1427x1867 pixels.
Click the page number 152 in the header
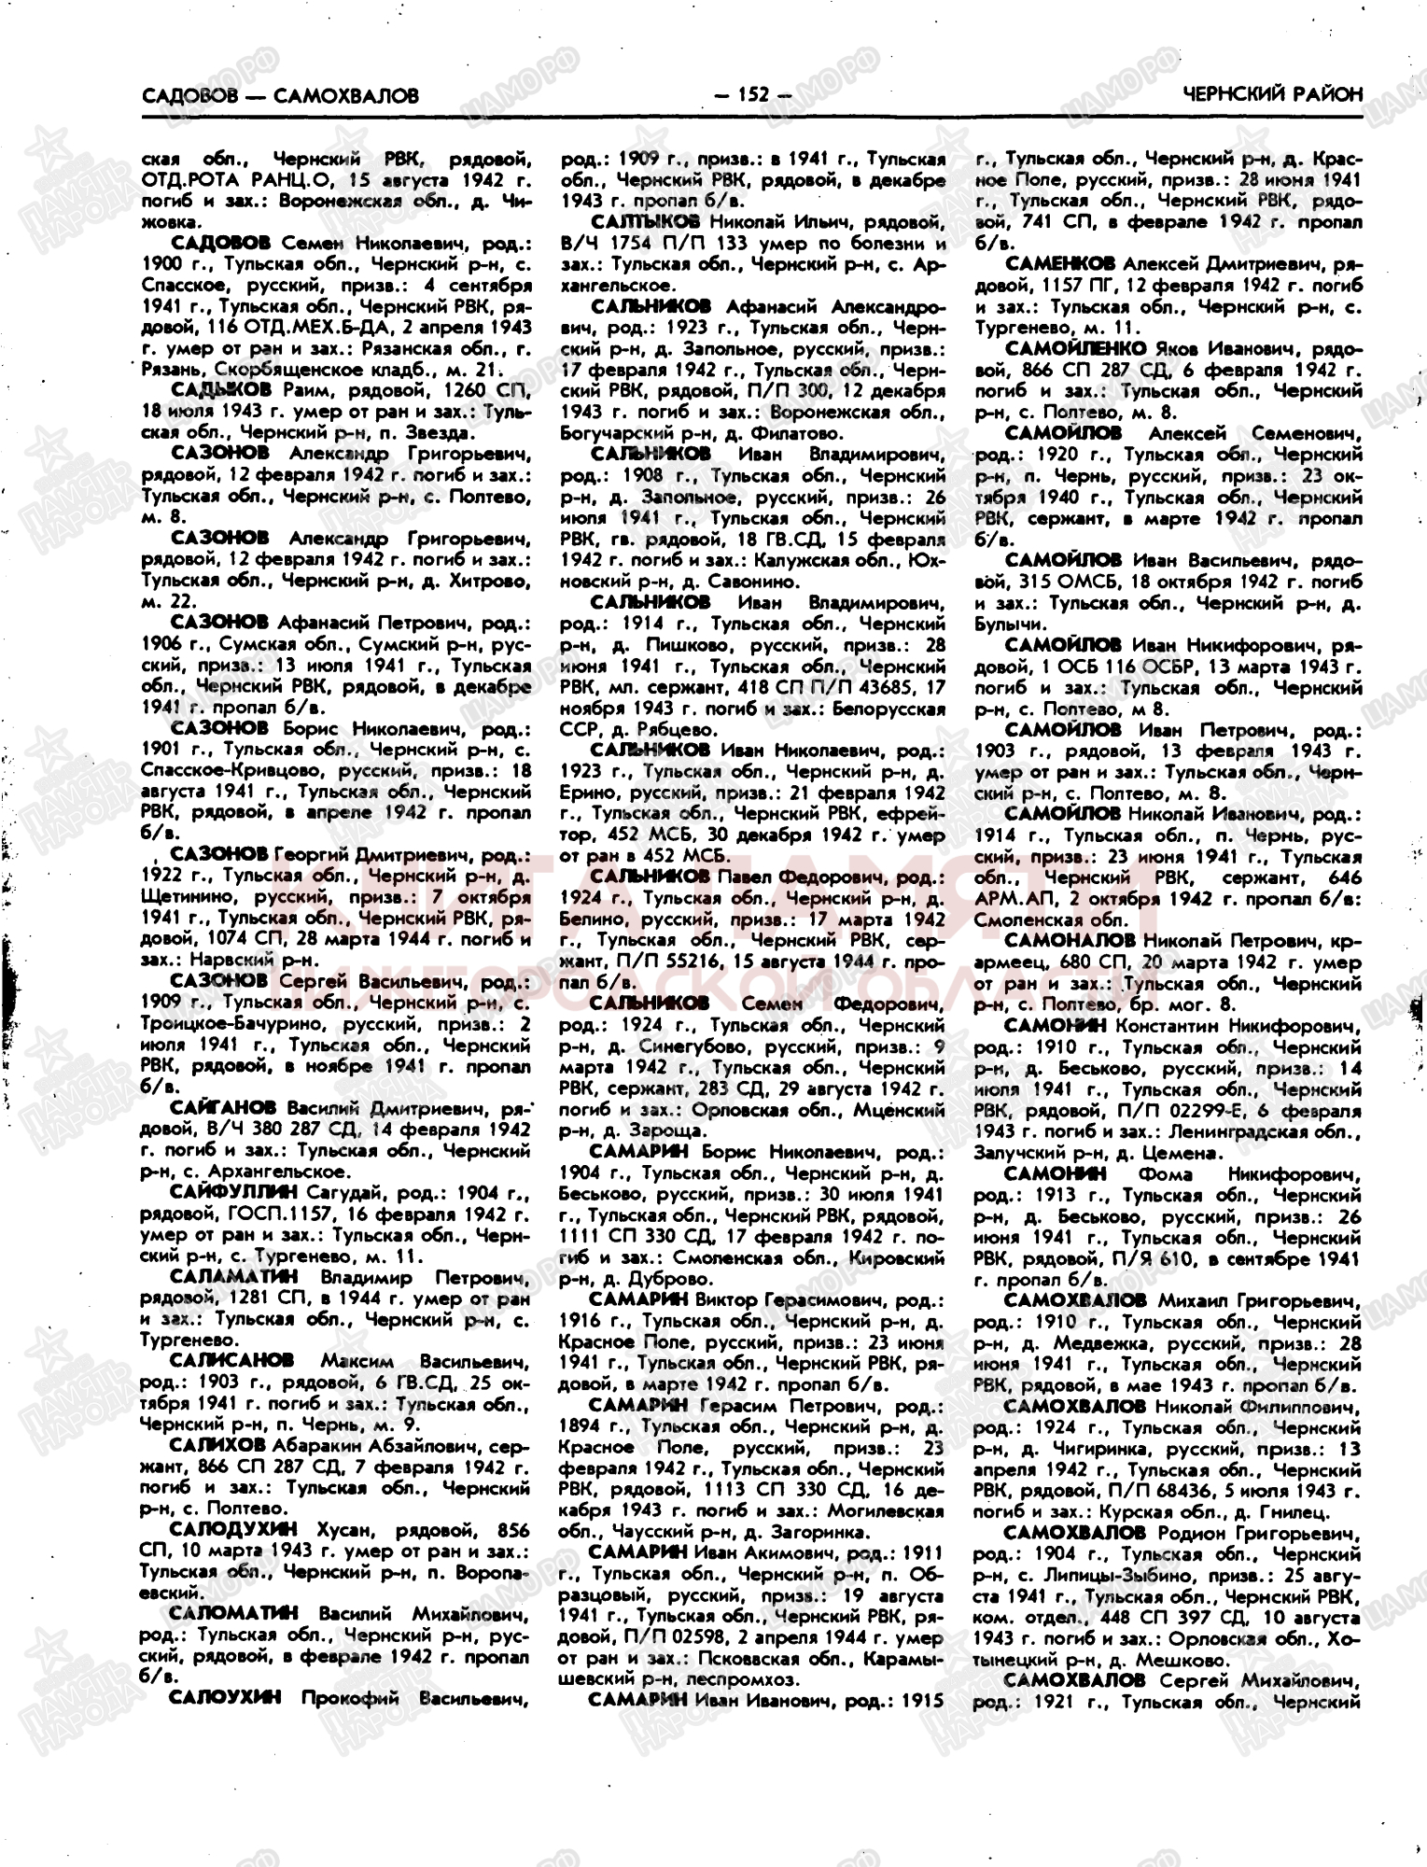(751, 93)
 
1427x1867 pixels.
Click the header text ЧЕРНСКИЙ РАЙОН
(1272, 93)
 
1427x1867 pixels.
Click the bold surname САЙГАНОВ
(223, 1108)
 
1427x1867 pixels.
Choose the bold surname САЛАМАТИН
(234, 1276)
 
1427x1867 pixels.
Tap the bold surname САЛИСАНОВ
(232, 1360)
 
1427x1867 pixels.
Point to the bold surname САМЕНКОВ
(1061, 264)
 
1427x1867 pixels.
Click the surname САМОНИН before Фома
(1055, 1172)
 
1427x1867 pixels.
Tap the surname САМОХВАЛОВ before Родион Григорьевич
(1074, 1533)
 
